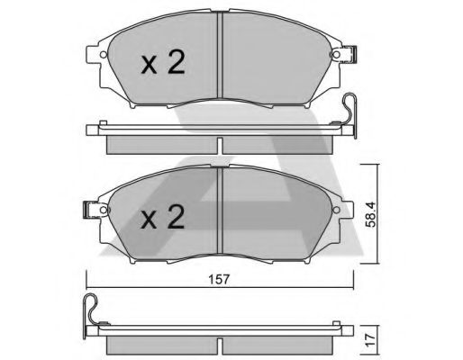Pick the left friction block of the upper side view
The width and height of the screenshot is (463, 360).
tap(161, 143)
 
